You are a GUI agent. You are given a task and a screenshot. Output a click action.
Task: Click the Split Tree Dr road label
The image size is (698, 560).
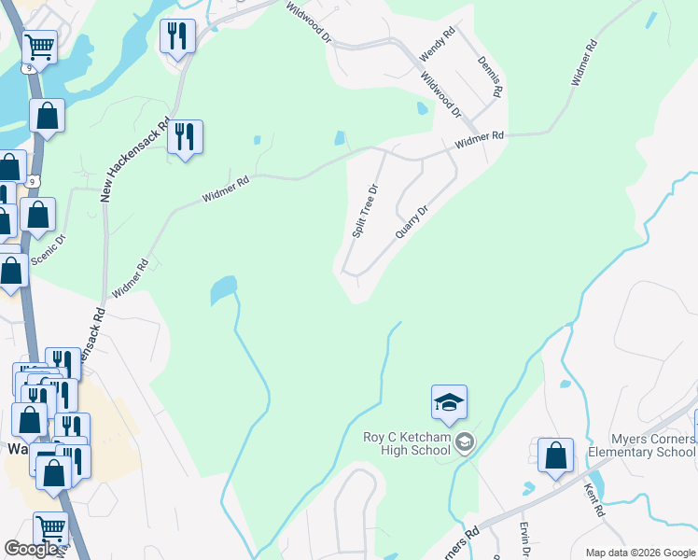coord(365,210)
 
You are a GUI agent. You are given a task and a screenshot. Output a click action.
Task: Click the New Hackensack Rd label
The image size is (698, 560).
coord(135,160)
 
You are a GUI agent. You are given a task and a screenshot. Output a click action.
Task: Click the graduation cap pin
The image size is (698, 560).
coord(449,403)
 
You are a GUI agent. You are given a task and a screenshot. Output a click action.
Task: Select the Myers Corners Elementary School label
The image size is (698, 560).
coord(640,445)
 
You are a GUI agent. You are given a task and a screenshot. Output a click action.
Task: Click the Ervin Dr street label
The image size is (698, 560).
coord(524,539)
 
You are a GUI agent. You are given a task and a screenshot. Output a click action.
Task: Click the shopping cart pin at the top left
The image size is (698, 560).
coord(39,46)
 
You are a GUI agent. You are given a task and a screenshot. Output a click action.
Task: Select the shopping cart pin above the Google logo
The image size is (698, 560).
coord(50,529)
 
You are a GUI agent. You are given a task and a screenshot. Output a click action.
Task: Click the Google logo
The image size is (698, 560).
coord(31,549)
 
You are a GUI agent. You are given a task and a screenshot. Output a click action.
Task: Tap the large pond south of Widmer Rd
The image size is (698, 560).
coord(223,289)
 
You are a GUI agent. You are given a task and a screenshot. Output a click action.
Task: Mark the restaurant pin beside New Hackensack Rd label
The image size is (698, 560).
coord(185,137)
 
